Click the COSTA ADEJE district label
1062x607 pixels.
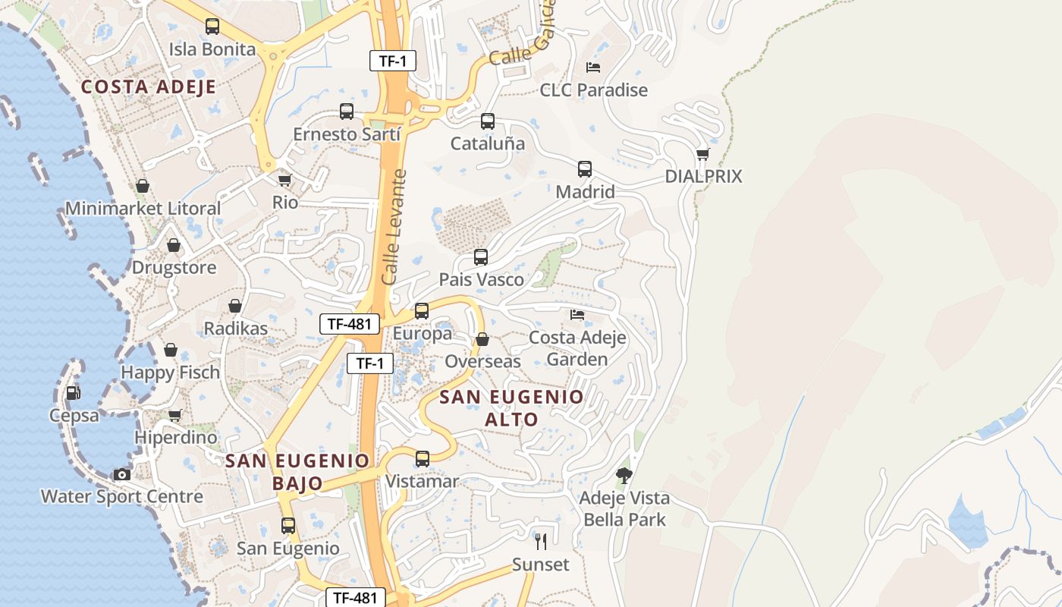(x=149, y=87)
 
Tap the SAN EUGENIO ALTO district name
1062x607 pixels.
(x=512, y=408)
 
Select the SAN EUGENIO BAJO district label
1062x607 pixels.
(x=297, y=471)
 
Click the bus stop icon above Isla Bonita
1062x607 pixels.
(x=212, y=27)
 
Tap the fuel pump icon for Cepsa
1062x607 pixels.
(x=74, y=393)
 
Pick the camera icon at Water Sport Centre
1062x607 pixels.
(x=122, y=474)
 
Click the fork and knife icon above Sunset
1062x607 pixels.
(x=541, y=541)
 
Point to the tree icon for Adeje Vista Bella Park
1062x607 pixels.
(x=624, y=476)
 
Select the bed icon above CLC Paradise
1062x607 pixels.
(x=593, y=68)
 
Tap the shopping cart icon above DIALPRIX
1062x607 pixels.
(x=703, y=154)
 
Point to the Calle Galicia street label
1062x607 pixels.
(x=522, y=34)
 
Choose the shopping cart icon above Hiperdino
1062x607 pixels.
(x=175, y=415)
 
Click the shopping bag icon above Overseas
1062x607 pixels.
(x=482, y=339)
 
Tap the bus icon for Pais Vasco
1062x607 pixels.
(x=481, y=257)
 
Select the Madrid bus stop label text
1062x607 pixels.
(x=585, y=192)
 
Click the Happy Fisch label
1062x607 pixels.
(x=170, y=373)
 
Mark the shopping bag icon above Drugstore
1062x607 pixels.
(x=174, y=245)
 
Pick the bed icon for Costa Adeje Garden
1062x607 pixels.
(x=577, y=314)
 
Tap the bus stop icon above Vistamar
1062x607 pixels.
(x=423, y=459)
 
